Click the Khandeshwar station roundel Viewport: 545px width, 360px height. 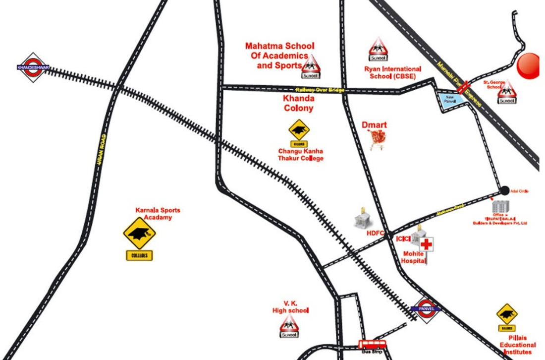tap(33, 67)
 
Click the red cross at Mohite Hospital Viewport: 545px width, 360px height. tap(427, 244)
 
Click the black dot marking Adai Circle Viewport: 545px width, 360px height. tap(504, 190)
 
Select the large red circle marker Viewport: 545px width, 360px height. tap(528, 65)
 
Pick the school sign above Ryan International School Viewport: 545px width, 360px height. tap(378, 49)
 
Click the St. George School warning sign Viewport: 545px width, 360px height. tap(506, 92)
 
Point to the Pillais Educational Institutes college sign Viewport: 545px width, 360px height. tap(507, 315)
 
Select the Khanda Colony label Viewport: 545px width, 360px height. tap(298, 103)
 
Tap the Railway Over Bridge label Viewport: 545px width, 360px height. tap(320, 90)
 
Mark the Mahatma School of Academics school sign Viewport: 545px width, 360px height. tap(311, 67)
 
